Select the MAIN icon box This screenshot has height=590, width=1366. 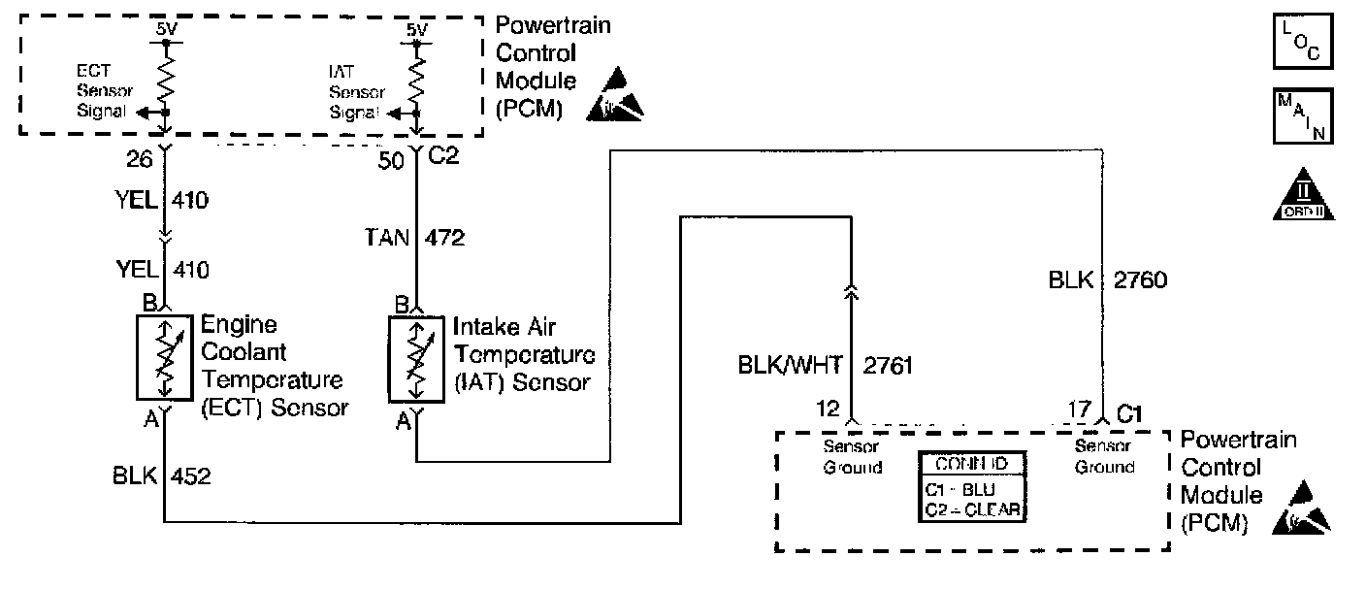(1302, 117)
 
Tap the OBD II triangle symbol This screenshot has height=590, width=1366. (1303, 194)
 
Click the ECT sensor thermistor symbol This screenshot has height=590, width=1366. (166, 356)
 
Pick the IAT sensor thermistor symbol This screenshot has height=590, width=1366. (418, 359)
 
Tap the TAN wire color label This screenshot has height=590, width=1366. (385, 238)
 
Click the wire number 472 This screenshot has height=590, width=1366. (444, 238)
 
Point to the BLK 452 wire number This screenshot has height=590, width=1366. (191, 477)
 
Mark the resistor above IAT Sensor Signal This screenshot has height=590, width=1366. (416, 75)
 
